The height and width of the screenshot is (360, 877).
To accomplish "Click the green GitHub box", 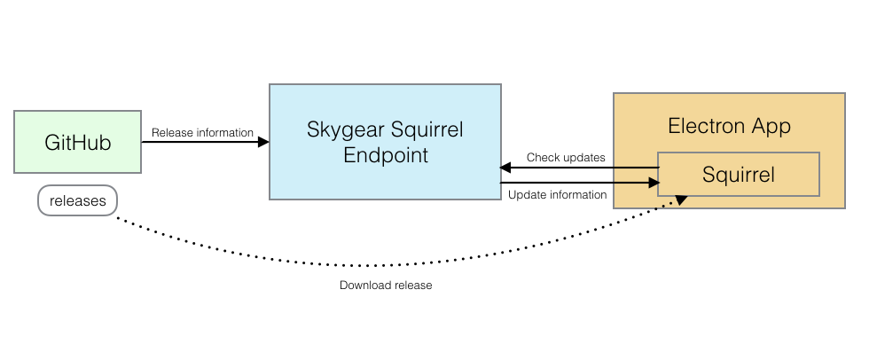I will (x=78, y=142).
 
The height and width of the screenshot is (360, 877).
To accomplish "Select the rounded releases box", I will (x=78, y=201).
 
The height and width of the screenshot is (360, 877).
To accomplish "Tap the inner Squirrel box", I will (x=738, y=175).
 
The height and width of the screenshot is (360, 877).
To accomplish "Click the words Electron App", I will (x=729, y=126).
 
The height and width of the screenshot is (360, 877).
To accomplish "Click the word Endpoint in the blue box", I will (x=386, y=156).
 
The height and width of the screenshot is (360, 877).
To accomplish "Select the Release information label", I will (x=202, y=133).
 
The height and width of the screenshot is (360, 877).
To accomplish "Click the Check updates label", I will (x=566, y=158).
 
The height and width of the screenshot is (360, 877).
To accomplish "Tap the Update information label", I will (x=558, y=194).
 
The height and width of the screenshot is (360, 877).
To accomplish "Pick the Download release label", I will (x=386, y=286).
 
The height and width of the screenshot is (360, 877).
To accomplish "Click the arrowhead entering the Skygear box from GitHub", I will (x=263, y=142).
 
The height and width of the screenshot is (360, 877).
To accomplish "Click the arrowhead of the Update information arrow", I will (x=654, y=183).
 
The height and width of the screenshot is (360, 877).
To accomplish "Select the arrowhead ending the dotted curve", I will (x=681, y=200).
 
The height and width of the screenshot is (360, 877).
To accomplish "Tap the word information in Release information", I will (x=223, y=133).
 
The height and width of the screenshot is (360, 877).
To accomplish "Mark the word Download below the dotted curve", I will (x=364, y=286).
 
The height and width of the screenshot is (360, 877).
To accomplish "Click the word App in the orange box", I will (x=771, y=126).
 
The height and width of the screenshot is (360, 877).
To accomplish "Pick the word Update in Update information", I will (x=525, y=194).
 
